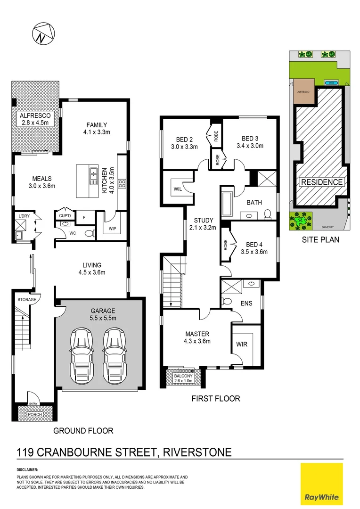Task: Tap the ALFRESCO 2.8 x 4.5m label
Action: tap(35, 119)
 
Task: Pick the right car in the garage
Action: tap(115, 352)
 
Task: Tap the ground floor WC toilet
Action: tap(88, 233)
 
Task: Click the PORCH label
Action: tap(34, 415)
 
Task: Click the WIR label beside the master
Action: tap(241, 344)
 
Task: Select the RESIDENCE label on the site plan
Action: tap(322, 182)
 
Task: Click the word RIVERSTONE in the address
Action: tap(196, 453)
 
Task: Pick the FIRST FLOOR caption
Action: tap(215, 399)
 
